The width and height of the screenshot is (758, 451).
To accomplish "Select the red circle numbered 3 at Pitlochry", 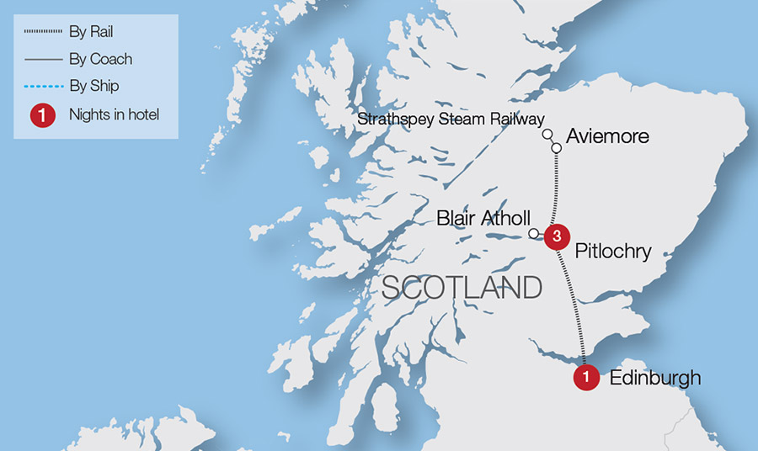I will pos(556,236).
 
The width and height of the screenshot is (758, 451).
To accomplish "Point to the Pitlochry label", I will pos(614,251).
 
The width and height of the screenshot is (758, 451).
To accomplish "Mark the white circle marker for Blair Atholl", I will pos(533,233).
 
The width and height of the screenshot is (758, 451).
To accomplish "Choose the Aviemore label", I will pos(608,135).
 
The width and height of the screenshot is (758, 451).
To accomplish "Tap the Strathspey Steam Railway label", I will pos(451,119).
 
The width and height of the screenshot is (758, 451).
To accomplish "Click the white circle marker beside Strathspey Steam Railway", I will pos(547,134).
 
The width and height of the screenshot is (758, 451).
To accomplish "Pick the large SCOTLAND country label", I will pos(462,288).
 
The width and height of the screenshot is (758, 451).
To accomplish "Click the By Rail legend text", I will pos(91,33).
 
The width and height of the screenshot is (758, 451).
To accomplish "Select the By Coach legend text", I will pos(101,60).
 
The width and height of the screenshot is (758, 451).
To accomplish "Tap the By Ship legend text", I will pos(93,87).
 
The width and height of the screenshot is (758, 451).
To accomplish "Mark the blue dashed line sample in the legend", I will pos(44,87).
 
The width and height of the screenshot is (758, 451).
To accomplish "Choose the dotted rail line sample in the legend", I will pos(44,33).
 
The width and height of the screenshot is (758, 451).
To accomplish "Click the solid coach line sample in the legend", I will pos(44,60).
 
